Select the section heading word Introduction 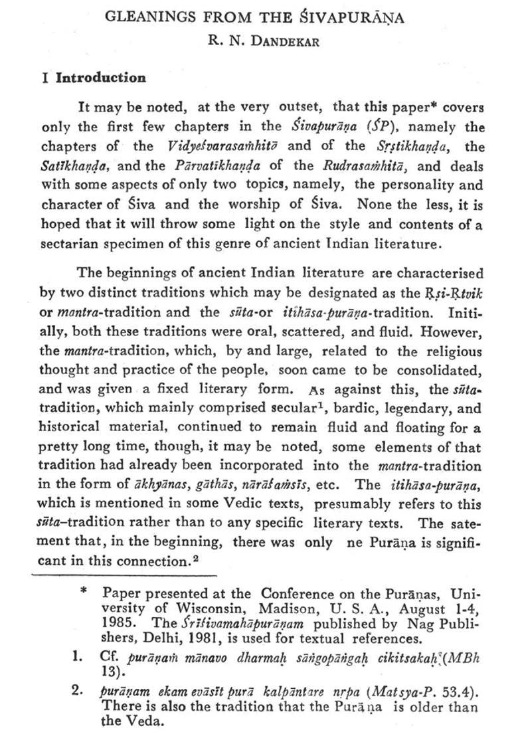click(x=100, y=78)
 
